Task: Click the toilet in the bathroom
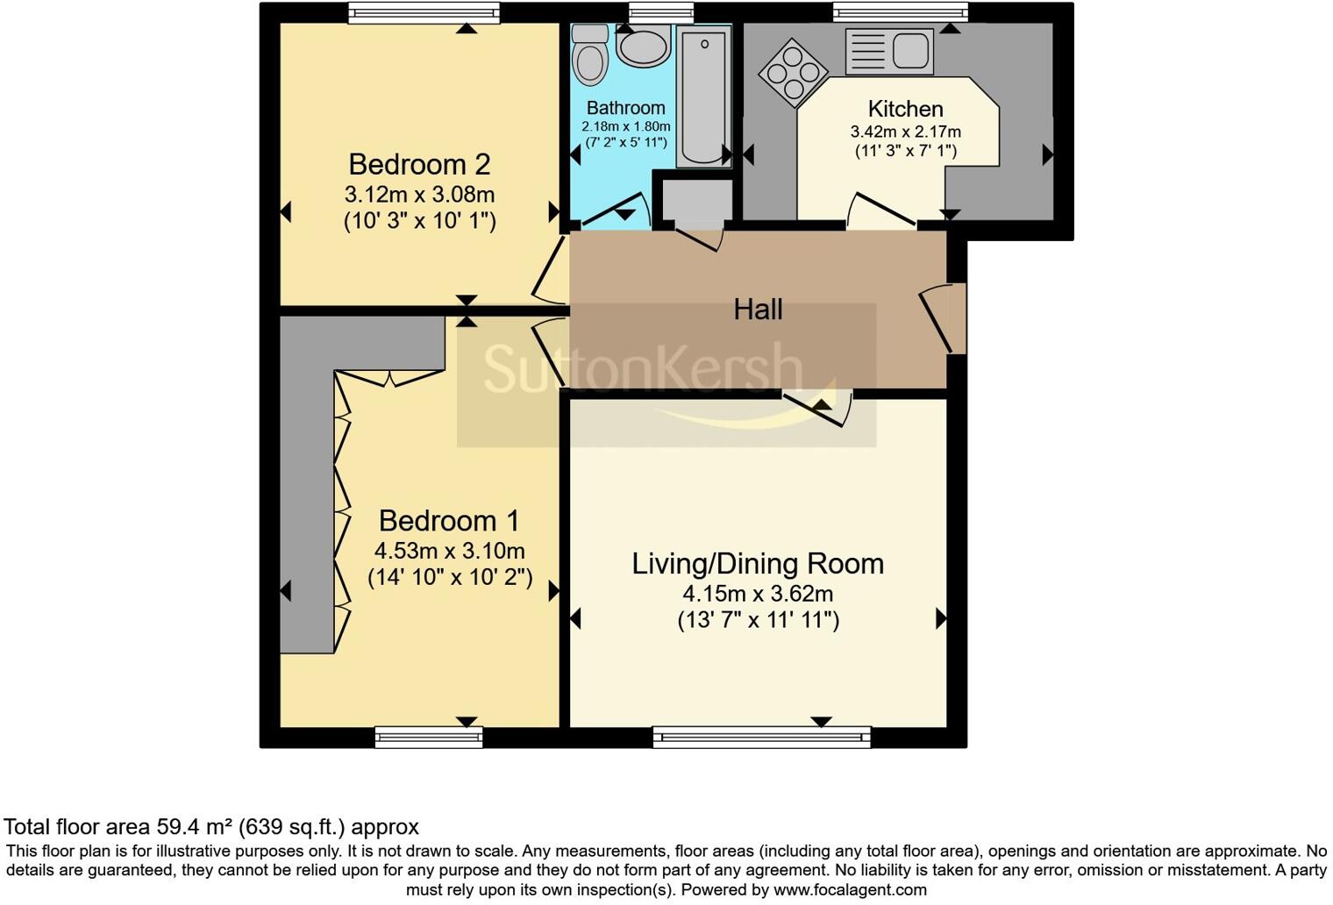[x=589, y=53]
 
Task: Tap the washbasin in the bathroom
[x=643, y=46]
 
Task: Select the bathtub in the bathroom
[x=704, y=96]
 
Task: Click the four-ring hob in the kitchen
[x=794, y=73]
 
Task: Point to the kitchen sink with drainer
[x=889, y=52]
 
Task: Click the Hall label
[x=758, y=310]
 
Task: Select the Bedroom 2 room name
[x=419, y=164]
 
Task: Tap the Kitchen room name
[x=905, y=109]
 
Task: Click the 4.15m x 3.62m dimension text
[x=758, y=593]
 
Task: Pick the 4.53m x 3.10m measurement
[x=449, y=551]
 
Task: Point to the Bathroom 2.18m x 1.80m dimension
[x=625, y=127]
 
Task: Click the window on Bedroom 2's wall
[x=424, y=12]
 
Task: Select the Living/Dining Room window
[x=762, y=738]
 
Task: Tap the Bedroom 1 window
[x=429, y=738]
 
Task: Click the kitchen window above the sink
[x=900, y=12]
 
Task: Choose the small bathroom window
[x=661, y=12]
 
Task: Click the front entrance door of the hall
[x=943, y=318]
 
